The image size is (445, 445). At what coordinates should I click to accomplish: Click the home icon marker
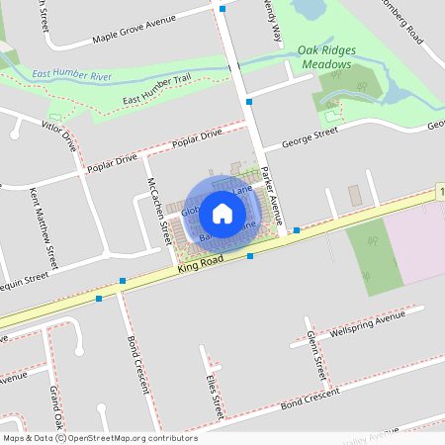point(222,212)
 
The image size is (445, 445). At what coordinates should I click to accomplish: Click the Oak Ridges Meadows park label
point(324,57)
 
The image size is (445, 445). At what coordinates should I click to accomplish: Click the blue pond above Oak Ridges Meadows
point(309,10)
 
